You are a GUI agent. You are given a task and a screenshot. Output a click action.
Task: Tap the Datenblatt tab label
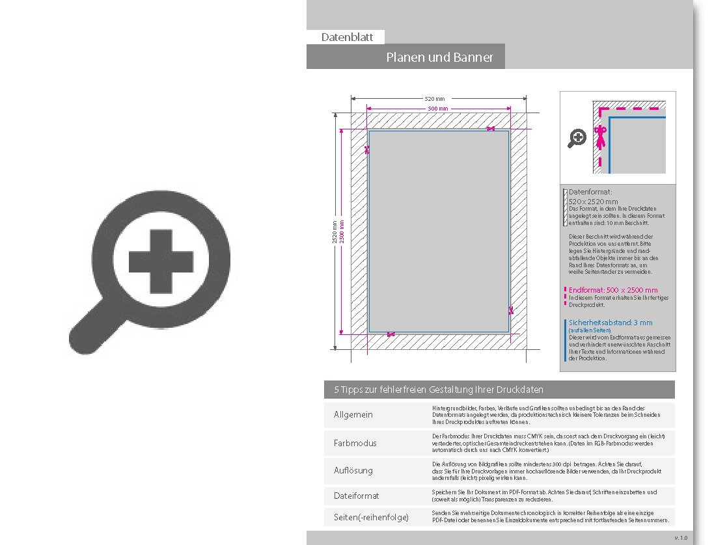click(347, 37)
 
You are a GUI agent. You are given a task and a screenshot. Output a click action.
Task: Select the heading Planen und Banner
click(439, 57)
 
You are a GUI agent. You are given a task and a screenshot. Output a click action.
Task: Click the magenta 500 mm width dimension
click(437, 108)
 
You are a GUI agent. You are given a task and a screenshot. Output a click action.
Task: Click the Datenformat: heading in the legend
click(590, 193)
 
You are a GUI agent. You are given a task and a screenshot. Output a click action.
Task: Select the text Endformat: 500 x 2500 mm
click(613, 290)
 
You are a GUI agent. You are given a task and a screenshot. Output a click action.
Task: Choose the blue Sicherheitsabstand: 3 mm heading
click(610, 323)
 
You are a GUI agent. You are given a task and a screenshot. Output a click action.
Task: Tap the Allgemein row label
click(353, 415)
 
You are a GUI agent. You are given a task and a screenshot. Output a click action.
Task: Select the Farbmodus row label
click(355, 443)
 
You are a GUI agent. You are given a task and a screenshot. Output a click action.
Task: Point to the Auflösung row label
click(353, 470)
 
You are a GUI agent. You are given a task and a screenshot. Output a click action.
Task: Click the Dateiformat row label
click(356, 496)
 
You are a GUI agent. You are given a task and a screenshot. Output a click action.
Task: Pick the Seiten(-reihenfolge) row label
click(371, 517)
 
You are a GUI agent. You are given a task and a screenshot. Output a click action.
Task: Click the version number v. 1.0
click(680, 538)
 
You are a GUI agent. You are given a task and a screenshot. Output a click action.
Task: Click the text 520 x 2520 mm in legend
click(593, 202)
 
